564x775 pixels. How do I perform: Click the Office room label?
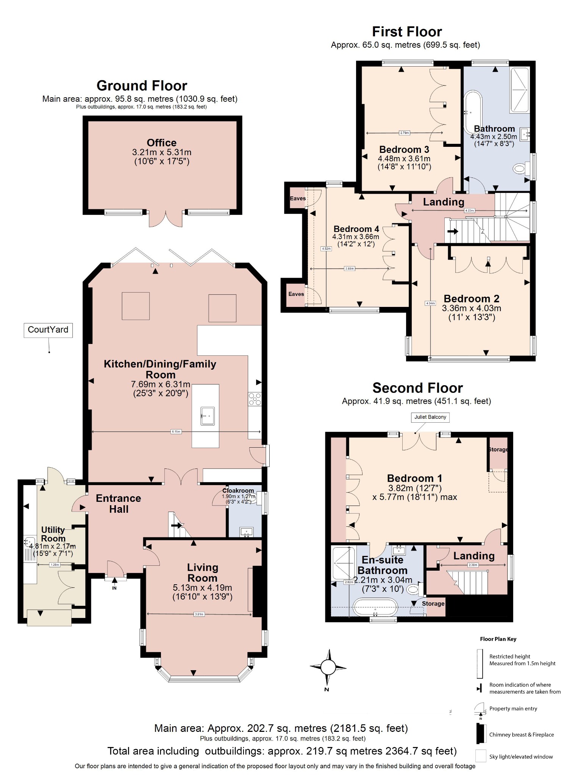161,143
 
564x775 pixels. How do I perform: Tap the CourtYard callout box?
48,330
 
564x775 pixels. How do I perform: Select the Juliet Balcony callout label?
430,417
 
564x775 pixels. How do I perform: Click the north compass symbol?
328,667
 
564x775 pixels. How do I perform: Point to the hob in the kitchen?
255,399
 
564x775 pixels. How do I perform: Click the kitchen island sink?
208,416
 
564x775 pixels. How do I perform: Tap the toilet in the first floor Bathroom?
521,168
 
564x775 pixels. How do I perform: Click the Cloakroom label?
238,490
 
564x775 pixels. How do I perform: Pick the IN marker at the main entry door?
114,588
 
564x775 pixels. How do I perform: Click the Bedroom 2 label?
471,299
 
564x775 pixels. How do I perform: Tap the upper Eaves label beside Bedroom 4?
298,198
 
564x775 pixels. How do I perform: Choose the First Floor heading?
407,31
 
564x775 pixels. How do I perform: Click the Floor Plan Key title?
498,639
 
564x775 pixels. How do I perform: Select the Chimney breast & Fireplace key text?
521,735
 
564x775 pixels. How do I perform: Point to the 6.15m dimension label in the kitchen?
176,431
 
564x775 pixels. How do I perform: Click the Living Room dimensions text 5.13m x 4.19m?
202,588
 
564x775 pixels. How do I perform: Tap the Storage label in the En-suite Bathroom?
433,604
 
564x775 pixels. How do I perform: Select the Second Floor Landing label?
474,556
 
